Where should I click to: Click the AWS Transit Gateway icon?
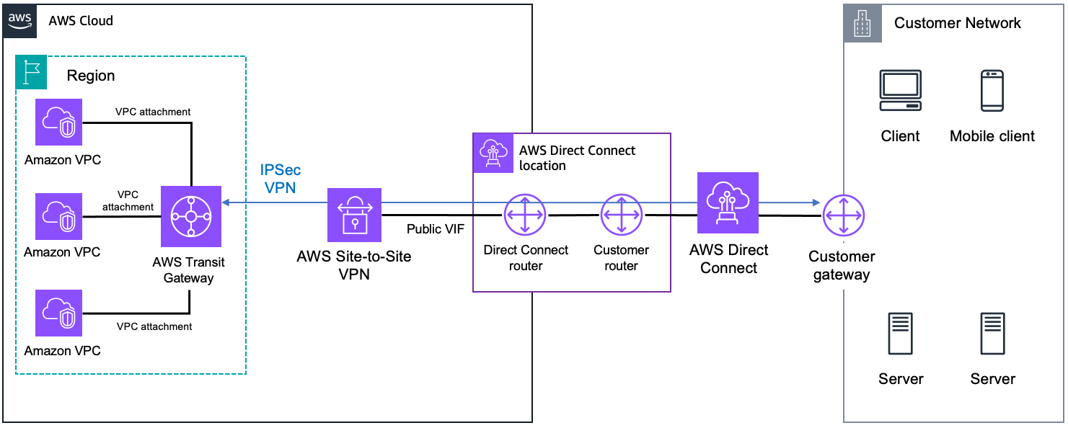point(190,216)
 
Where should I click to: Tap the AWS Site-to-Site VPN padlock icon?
point(353,215)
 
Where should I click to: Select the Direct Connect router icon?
point(525,215)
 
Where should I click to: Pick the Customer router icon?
point(622,215)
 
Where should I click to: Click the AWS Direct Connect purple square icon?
point(728,203)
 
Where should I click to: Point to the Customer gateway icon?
point(842,215)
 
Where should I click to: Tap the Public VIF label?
point(436,229)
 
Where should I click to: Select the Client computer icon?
point(900,91)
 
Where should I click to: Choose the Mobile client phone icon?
point(992,91)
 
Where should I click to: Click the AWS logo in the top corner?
point(20,20)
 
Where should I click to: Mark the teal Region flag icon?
point(31,73)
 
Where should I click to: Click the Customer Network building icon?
point(861,24)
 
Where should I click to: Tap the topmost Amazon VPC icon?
point(59,122)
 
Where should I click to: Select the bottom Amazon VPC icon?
point(59,313)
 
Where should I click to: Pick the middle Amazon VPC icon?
point(59,215)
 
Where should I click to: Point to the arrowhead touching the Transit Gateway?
point(226,203)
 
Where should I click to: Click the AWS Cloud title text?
point(81,21)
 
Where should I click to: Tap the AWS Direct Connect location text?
point(577,158)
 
